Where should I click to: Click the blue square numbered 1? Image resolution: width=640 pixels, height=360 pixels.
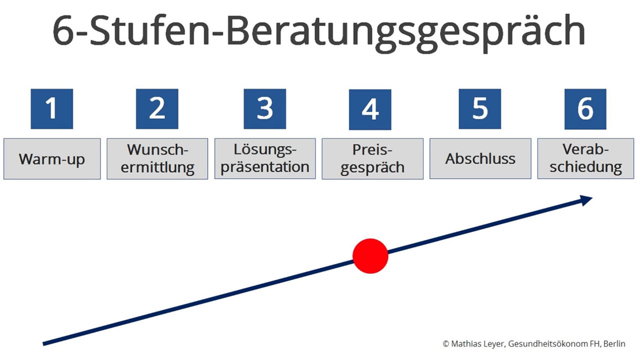click(52, 109)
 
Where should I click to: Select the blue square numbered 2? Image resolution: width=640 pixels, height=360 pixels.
click(157, 109)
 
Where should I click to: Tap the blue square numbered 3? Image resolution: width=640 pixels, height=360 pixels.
click(265, 109)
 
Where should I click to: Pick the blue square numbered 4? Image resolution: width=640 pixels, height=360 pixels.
click(370, 109)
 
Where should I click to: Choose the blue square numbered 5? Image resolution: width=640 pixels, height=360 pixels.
click(479, 109)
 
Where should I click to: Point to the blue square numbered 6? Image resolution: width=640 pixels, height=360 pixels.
click(585, 109)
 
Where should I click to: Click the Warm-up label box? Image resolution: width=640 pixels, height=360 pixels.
click(52, 159)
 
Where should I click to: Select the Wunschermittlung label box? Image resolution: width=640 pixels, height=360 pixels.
click(157, 159)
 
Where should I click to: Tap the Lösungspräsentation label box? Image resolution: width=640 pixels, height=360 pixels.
click(265, 158)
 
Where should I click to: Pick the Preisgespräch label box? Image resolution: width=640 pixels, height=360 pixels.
click(372, 159)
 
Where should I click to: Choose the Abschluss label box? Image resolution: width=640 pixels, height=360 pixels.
click(480, 158)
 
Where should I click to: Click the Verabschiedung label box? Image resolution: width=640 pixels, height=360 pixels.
click(585, 158)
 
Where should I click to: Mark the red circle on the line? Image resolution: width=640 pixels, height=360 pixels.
click(370, 256)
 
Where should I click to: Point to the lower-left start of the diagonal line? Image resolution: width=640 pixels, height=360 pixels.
click(43, 344)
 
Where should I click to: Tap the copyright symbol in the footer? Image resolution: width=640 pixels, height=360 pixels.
click(445, 343)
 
